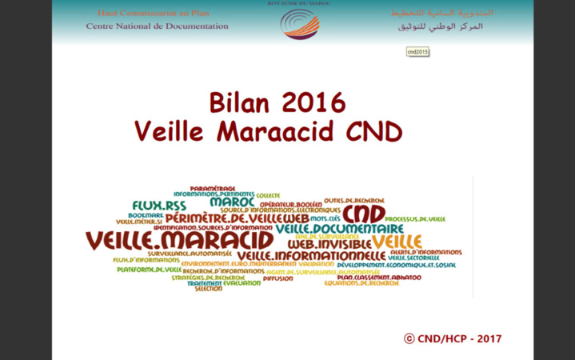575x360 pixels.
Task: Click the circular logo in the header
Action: pyautogui.click(x=300, y=23)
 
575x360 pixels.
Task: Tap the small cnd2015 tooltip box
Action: pyautogui.click(x=417, y=51)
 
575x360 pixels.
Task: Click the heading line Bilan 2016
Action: pyautogui.click(x=278, y=102)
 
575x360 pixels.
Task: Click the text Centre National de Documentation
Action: pyautogui.click(x=158, y=26)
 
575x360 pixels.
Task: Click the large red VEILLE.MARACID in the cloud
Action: pyautogui.click(x=179, y=239)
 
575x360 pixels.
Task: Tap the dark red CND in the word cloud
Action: pyautogui.click(x=365, y=214)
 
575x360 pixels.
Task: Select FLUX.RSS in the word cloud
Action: pyautogui.click(x=158, y=206)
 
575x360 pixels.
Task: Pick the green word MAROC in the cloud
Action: pyautogui.click(x=232, y=202)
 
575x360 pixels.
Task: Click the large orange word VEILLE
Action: pyautogui.click(x=397, y=242)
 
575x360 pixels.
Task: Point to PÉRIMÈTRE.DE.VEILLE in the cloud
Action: pyautogui.click(x=226, y=218)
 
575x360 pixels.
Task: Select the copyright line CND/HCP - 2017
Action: pyautogui.click(x=453, y=338)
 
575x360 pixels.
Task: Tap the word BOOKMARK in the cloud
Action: pyautogui.click(x=145, y=215)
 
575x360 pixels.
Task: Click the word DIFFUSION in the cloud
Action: pyautogui.click(x=278, y=278)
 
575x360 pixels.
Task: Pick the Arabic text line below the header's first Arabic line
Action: pyautogui.click(x=445, y=26)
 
